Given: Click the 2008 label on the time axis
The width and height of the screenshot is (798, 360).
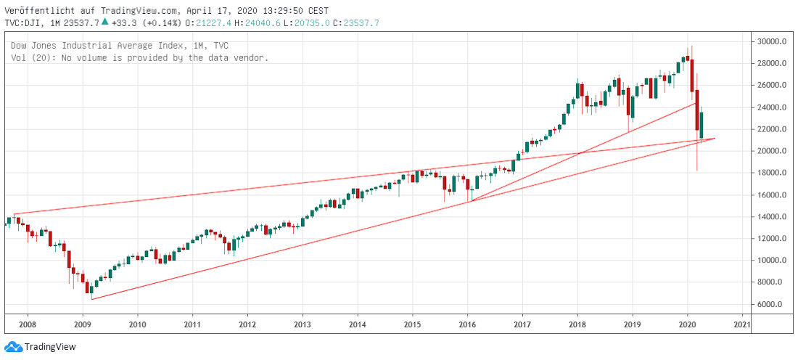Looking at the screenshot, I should [x=27, y=324].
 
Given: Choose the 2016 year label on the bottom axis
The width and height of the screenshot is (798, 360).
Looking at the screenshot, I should [x=467, y=324].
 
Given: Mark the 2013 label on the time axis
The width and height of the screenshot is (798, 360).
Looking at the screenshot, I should [x=303, y=324].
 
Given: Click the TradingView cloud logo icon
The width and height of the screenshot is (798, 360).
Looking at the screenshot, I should [x=13, y=346].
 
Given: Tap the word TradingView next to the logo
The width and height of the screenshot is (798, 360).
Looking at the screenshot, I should [x=50, y=347].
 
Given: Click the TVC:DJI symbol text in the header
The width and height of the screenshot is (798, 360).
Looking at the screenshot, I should [x=23, y=22].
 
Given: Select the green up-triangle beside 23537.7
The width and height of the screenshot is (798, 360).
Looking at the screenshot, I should [x=105, y=22].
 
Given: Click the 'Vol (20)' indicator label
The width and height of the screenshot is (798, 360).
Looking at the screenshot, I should [x=30, y=57].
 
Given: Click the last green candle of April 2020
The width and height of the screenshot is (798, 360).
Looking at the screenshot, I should [x=702, y=125].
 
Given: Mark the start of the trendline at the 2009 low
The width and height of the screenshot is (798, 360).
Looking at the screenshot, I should [x=92, y=298].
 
